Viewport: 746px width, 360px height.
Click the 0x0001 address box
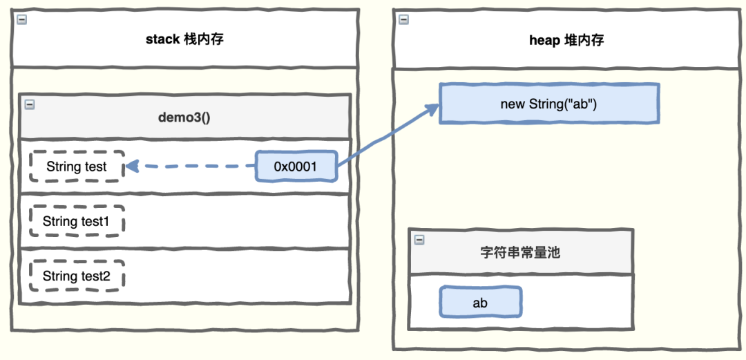[296, 167]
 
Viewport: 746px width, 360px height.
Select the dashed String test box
[77, 167]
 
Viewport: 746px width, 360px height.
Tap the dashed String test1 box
[77, 221]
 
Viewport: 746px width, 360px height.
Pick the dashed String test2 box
[77, 276]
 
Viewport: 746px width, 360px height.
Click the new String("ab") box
[549, 104]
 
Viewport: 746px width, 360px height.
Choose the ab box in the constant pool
[480, 303]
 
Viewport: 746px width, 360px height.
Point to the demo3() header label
[184, 117]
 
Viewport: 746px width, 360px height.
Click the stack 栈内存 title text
[184, 39]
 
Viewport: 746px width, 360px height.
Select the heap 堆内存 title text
[566, 40]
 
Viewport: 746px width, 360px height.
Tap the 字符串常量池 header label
[520, 252]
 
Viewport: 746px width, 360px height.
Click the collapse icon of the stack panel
[21, 20]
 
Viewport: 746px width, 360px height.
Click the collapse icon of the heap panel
[403, 20]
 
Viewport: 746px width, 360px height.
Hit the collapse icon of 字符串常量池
[419, 240]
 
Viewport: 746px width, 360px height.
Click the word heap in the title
[542, 40]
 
